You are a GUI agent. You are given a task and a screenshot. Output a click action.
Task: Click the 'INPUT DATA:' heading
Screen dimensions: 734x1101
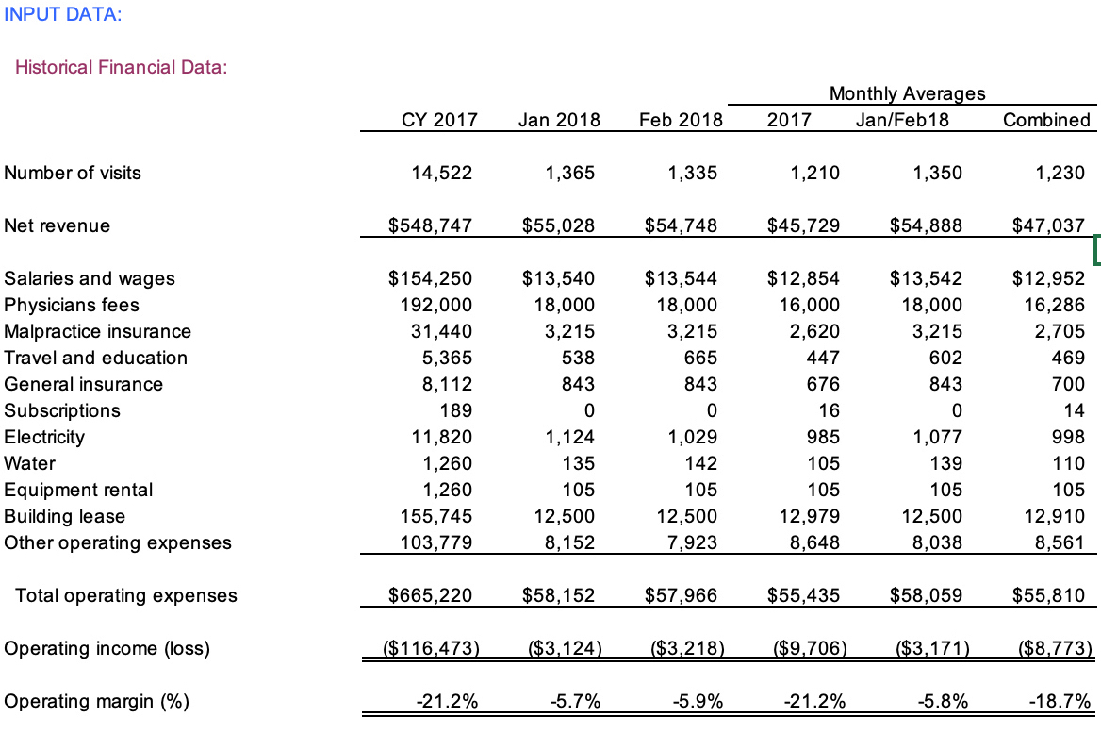pyautogui.click(x=62, y=14)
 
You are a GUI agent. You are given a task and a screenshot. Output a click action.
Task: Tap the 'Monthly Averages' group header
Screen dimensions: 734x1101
pyautogui.click(x=907, y=92)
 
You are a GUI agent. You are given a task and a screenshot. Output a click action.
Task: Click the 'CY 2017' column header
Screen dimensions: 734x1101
pyautogui.click(x=434, y=120)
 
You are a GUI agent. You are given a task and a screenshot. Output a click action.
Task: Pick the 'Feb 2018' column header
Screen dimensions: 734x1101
pyautogui.click(x=681, y=120)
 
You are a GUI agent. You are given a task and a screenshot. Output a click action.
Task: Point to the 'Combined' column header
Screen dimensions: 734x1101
pyautogui.click(x=1046, y=120)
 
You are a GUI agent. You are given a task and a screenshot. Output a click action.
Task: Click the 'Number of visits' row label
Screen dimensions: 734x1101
pyautogui.click(x=73, y=173)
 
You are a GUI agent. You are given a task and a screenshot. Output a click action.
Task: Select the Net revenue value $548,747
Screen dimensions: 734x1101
pyautogui.click(x=430, y=225)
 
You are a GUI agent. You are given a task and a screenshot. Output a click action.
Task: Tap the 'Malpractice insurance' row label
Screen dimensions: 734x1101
pyautogui.click(x=97, y=331)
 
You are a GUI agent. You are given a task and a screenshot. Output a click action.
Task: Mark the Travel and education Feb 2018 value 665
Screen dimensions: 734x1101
pyautogui.click(x=699, y=358)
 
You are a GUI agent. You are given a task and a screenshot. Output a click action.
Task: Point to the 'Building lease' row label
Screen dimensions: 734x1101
pyautogui.click(x=64, y=516)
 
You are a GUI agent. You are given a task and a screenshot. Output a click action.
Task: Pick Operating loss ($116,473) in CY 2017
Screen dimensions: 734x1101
pyautogui.click(x=430, y=648)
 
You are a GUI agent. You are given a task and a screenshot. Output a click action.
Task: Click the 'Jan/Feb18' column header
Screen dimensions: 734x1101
pyautogui.click(x=902, y=120)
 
